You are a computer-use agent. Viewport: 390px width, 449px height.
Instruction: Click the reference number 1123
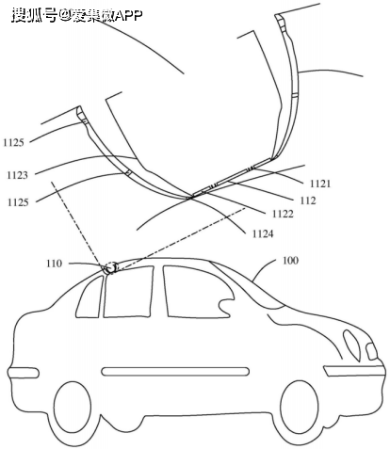(17, 175)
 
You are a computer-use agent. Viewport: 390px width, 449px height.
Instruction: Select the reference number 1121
(320, 184)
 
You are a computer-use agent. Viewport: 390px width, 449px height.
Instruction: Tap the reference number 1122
(283, 214)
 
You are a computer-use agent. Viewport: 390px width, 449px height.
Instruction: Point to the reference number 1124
(263, 233)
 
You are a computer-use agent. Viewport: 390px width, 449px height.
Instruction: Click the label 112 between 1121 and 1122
(308, 200)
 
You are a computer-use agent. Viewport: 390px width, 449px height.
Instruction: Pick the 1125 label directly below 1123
(18, 202)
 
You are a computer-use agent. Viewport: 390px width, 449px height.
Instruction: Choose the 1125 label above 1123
(13, 143)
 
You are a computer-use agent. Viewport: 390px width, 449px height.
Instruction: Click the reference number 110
(55, 264)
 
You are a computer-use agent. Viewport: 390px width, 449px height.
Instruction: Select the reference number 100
(290, 261)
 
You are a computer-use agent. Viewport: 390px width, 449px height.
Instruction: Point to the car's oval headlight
(352, 345)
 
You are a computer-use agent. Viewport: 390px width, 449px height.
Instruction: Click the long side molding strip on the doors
(175, 371)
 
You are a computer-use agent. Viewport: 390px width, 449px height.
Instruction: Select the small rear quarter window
(89, 297)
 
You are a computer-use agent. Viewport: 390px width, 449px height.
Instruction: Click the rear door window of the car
(128, 292)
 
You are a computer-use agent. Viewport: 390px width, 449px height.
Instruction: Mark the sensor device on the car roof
(111, 268)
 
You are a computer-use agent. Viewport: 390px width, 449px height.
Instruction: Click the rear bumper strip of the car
(24, 373)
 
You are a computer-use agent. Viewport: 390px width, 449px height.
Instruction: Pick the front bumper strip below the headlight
(354, 371)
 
